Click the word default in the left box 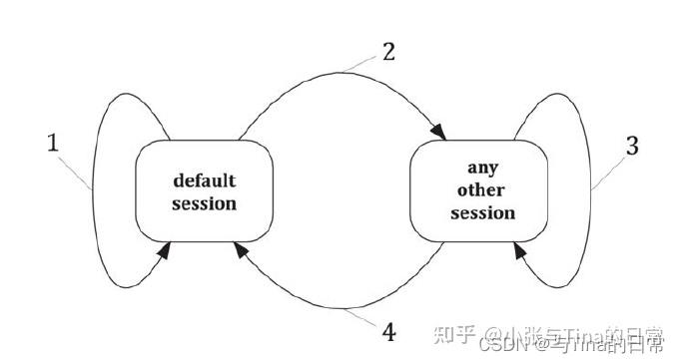point(204,181)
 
